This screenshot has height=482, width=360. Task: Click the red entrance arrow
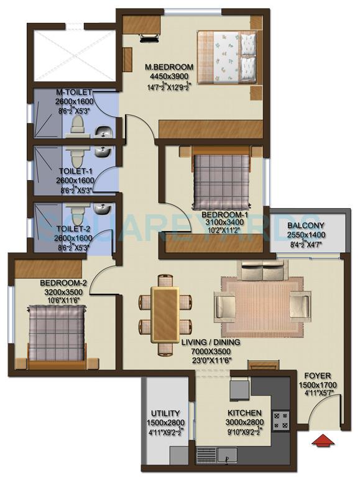[x=322, y=441]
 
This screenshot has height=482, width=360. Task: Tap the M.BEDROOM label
[x=169, y=67]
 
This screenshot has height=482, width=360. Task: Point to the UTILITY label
[x=165, y=413]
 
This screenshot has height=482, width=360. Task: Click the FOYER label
[x=318, y=376]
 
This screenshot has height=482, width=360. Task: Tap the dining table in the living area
[x=165, y=315]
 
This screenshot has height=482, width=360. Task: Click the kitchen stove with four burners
[x=281, y=420]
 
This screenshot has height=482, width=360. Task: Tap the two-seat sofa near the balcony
[x=262, y=271]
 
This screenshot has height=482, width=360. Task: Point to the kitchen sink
[x=227, y=460]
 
